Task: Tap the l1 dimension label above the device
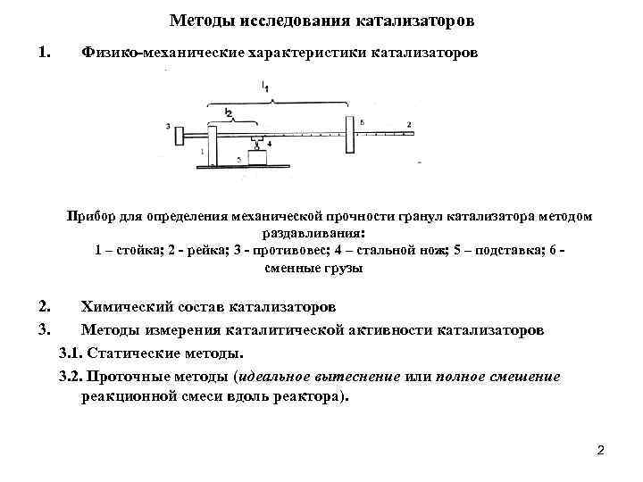[265, 87]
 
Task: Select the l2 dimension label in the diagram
[228, 112]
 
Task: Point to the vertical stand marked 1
[212, 145]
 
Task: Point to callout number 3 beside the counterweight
[168, 127]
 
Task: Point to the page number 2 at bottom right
[600, 450]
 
